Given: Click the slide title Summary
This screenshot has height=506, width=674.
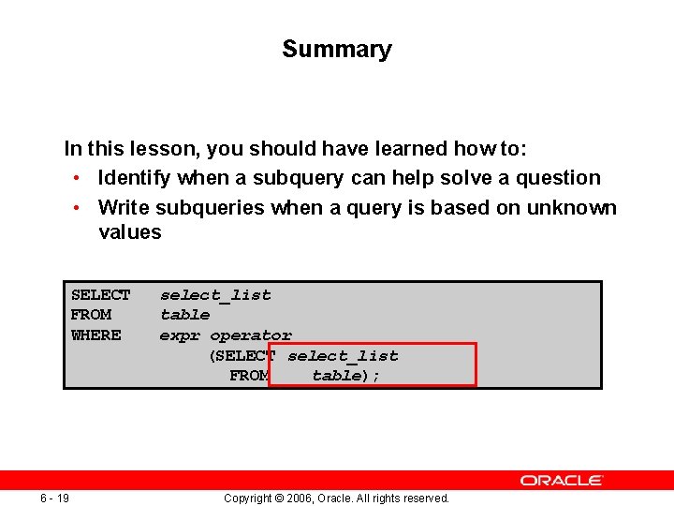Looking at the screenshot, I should click(x=336, y=50).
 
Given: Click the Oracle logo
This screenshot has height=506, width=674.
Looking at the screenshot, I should click(x=562, y=480).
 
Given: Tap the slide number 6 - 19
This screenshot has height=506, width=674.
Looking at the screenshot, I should click(x=54, y=498).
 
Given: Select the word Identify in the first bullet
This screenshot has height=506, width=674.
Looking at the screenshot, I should click(x=135, y=178).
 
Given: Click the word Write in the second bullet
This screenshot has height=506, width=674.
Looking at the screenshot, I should click(x=124, y=207).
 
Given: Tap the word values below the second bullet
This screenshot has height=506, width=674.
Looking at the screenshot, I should click(x=129, y=232).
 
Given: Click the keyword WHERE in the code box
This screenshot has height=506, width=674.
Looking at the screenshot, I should click(x=95, y=335).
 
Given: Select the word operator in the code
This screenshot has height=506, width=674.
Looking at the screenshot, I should click(x=251, y=335).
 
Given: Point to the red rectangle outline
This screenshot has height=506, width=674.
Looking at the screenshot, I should click(x=373, y=344).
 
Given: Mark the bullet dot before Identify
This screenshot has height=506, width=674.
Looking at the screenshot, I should click(x=74, y=178).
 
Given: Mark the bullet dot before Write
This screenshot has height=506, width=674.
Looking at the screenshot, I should click(x=74, y=207).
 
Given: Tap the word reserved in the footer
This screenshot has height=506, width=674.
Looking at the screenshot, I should click(x=424, y=499).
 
